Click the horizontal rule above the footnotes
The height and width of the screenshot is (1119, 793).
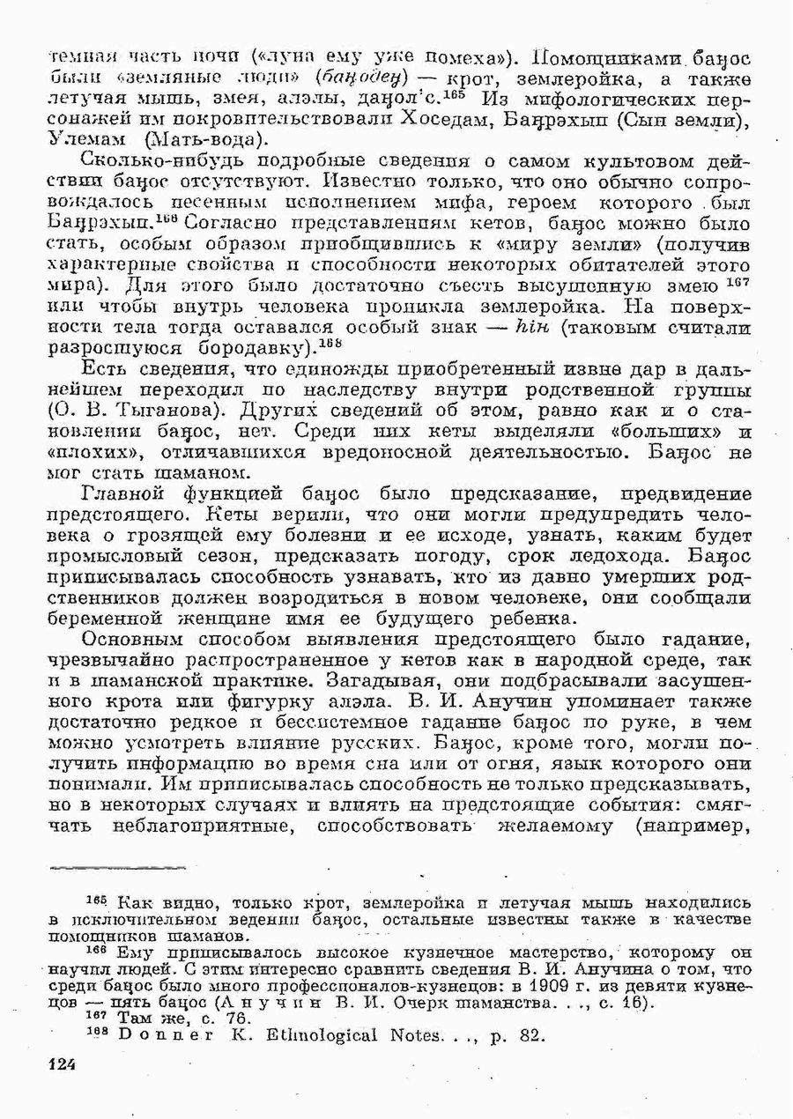pyautogui.click(x=105, y=869)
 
